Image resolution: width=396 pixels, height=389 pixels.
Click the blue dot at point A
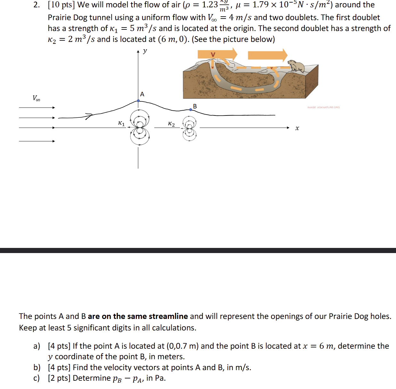click(x=138, y=101)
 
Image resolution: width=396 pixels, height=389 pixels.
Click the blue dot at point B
click(x=191, y=110)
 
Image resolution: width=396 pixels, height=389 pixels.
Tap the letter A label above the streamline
click(x=142, y=94)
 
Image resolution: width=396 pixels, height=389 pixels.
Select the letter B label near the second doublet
click(x=195, y=106)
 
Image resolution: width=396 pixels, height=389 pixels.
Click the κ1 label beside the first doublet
click(x=121, y=123)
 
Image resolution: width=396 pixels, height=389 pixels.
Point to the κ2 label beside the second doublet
click(x=172, y=124)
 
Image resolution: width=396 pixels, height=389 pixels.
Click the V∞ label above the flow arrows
click(x=36, y=98)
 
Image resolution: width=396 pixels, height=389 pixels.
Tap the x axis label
click(x=297, y=128)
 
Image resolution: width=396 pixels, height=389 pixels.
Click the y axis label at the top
click(x=145, y=51)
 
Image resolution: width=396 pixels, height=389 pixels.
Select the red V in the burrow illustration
click(x=213, y=55)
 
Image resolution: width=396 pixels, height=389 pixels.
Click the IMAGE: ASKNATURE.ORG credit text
click(x=323, y=107)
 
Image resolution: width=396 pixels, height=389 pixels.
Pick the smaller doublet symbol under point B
click(x=189, y=128)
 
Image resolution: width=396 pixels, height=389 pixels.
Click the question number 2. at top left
click(x=37, y=5)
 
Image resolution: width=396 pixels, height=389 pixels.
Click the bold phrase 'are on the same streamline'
click(x=138, y=316)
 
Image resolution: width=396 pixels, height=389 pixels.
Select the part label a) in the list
click(x=37, y=346)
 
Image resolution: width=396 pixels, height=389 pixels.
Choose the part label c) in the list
click(x=36, y=378)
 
